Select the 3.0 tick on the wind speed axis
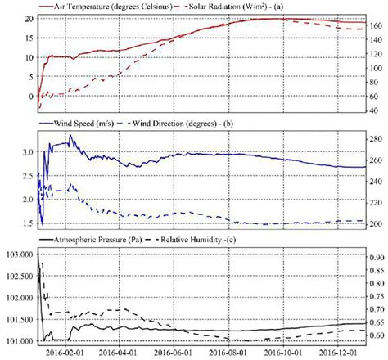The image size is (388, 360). click(x=25, y=153)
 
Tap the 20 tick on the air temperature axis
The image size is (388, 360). click(x=27, y=17)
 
